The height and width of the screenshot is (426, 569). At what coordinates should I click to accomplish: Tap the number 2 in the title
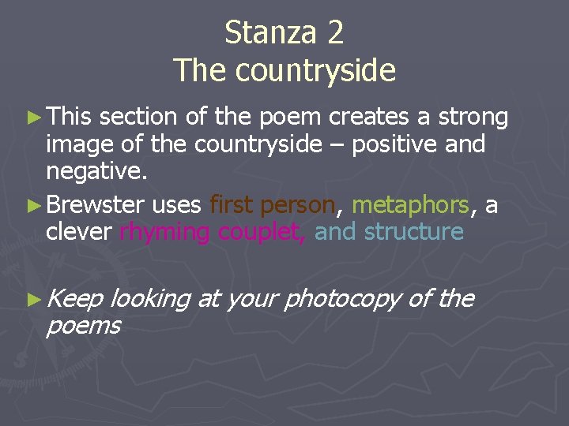tap(333, 33)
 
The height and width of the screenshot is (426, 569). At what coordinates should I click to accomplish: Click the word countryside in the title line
tap(315, 71)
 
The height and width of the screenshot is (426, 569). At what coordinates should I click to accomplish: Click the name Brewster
tap(95, 205)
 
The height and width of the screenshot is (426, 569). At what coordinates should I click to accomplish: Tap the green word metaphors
tap(411, 206)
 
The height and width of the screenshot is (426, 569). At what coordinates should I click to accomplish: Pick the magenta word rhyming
tap(164, 233)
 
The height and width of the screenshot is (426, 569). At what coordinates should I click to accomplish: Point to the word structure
tap(414, 232)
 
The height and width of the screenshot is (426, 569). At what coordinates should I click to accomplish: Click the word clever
tap(80, 232)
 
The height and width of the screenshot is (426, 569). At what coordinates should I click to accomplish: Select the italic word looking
tap(150, 300)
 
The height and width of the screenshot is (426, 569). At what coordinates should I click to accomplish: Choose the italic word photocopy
tap(346, 300)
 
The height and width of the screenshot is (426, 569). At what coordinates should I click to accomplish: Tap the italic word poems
tap(83, 325)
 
